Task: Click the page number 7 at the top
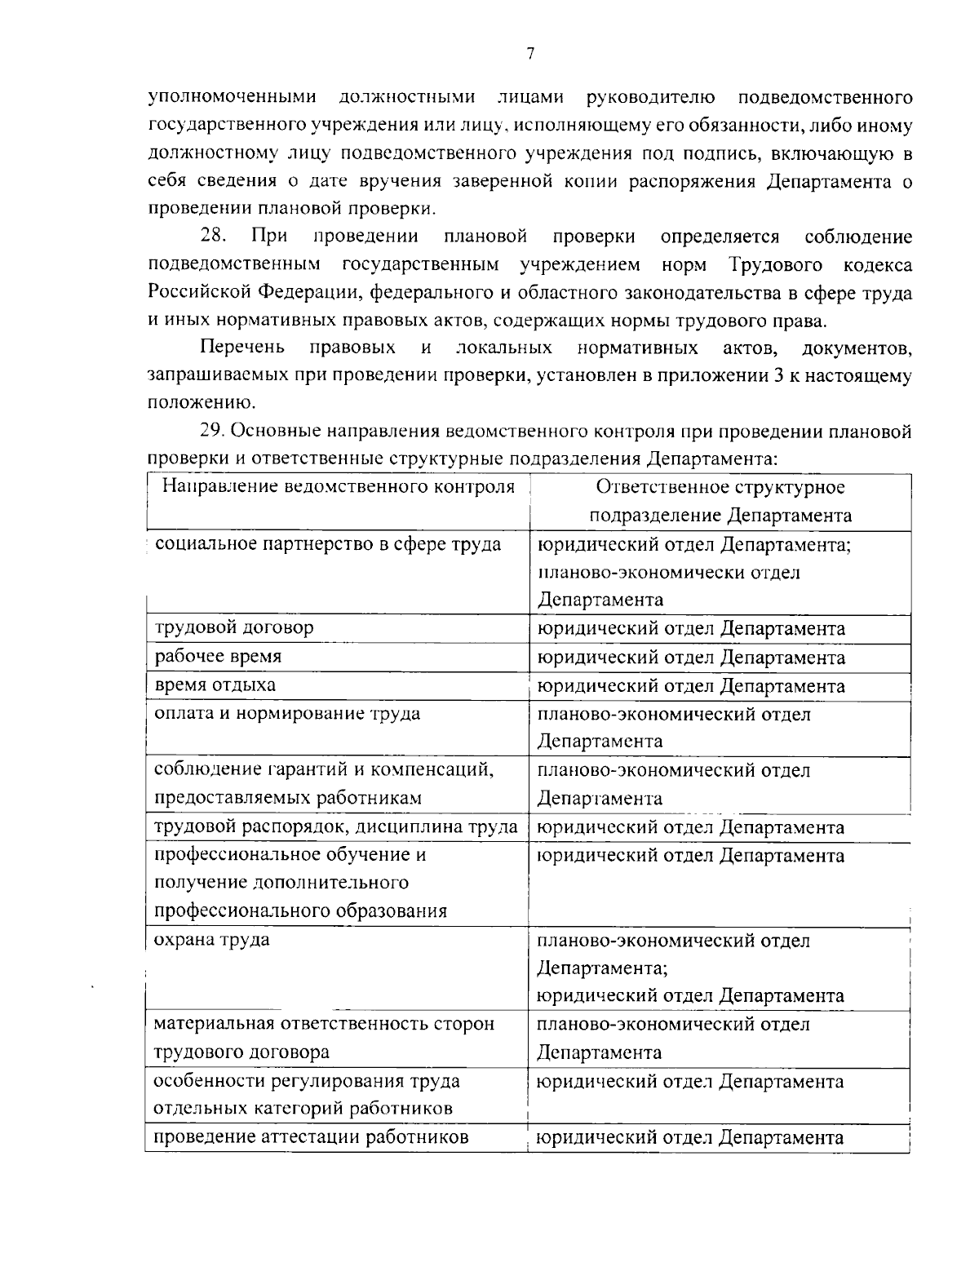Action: tap(529, 54)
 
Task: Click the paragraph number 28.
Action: tap(214, 237)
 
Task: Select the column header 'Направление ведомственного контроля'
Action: tap(338, 487)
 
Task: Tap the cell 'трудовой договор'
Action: tap(234, 627)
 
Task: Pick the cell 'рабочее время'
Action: tap(219, 657)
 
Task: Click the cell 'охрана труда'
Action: tap(212, 939)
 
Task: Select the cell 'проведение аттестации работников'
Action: tap(311, 1136)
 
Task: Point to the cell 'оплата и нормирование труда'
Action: tap(287, 714)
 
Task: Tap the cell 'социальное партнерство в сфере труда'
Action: tap(327, 544)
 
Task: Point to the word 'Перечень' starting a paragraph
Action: tap(242, 348)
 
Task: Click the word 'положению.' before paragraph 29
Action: tap(193, 402)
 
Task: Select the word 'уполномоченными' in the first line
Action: tap(232, 99)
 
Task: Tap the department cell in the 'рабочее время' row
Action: tap(690, 657)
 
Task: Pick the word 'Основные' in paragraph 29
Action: tap(278, 431)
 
